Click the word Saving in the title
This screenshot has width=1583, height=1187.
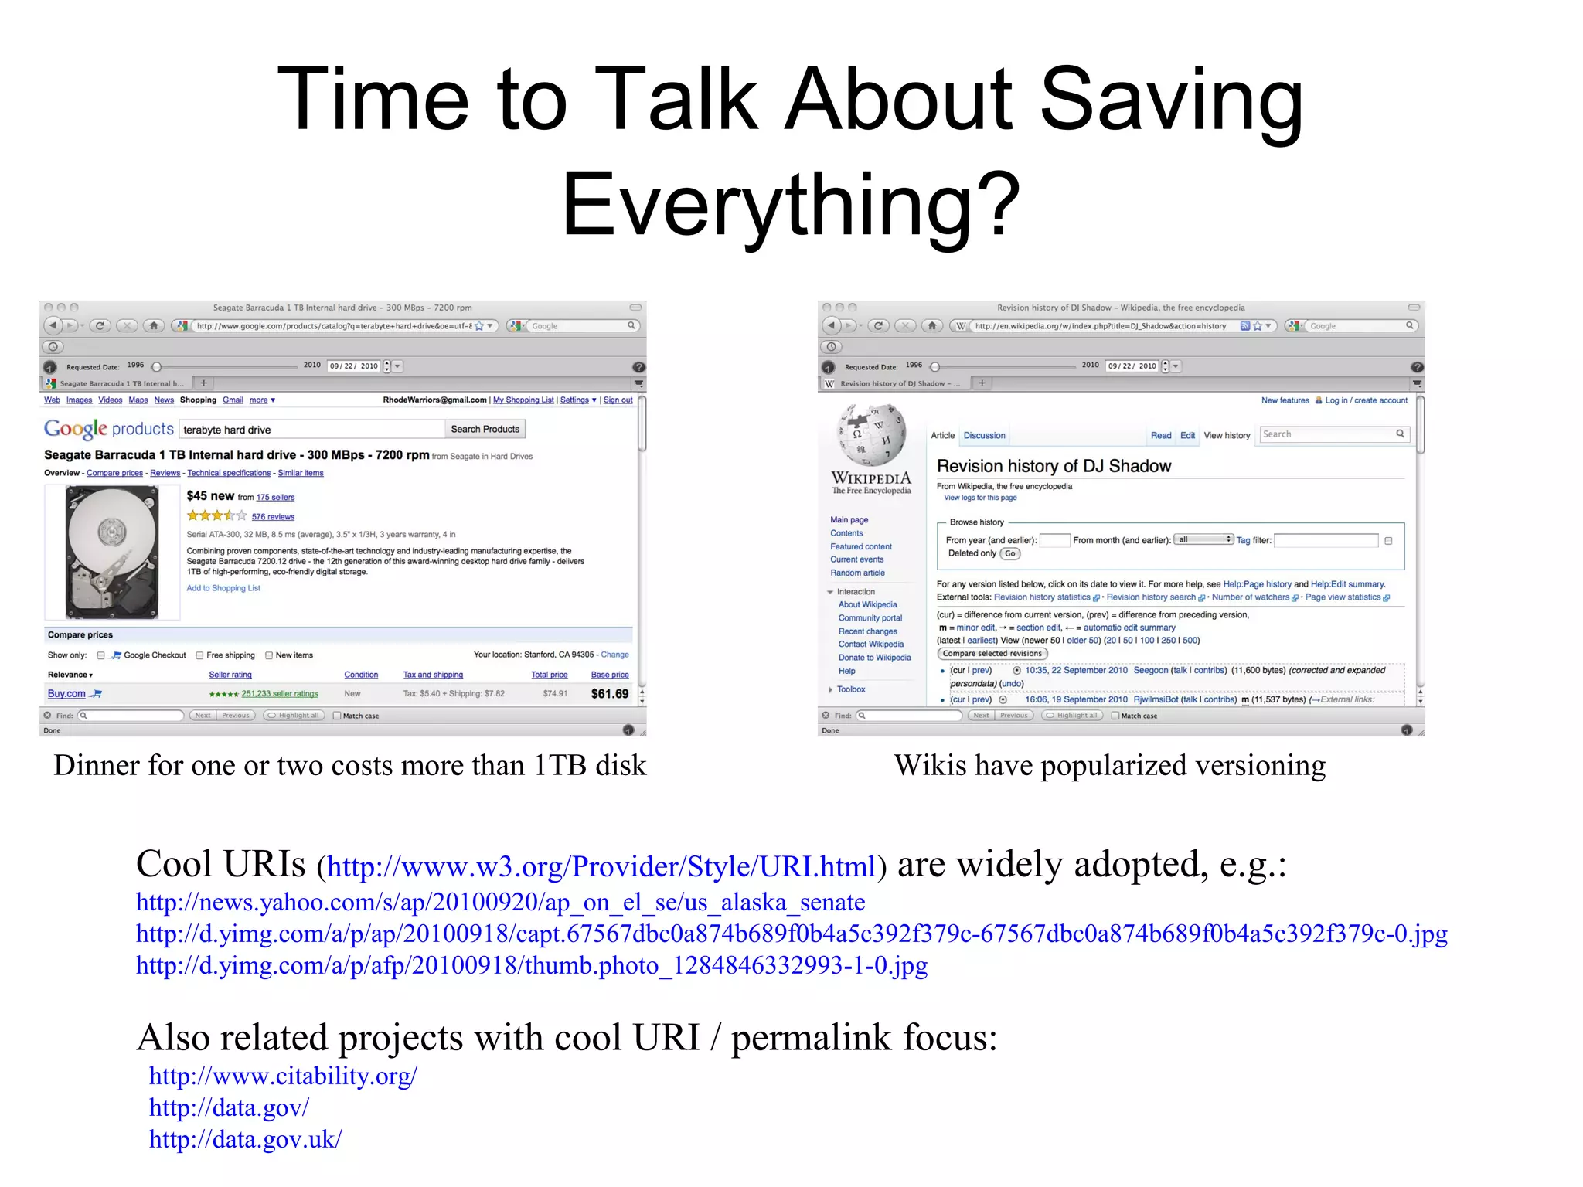(x=1172, y=100)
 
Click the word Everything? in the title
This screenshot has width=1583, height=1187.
(x=791, y=206)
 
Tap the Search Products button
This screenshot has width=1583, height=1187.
(x=485, y=429)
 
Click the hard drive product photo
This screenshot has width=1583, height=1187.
(x=112, y=552)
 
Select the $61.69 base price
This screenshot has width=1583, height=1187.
(x=609, y=694)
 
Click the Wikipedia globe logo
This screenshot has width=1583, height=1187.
(x=871, y=436)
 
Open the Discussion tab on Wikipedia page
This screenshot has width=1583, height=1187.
(x=984, y=436)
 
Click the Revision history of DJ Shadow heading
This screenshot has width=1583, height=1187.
(x=1054, y=466)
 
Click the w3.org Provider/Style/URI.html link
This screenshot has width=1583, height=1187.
(x=601, y=866)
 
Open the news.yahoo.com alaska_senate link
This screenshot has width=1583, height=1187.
(x=500, y=902)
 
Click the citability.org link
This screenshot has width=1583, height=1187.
(x=283, y=1075)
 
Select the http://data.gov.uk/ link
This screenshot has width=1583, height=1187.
(x=245, y=1138)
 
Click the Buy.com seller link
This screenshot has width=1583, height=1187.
(x=67, y=694)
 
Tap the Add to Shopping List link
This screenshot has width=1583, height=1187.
(x=223, y=588)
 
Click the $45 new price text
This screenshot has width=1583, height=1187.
(x=210, y=496)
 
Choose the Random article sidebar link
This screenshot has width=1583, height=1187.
(x=857, y=573)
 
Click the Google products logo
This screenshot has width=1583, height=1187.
(x=108, y=429)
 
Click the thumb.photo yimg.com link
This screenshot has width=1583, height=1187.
(x=531, y=965)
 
